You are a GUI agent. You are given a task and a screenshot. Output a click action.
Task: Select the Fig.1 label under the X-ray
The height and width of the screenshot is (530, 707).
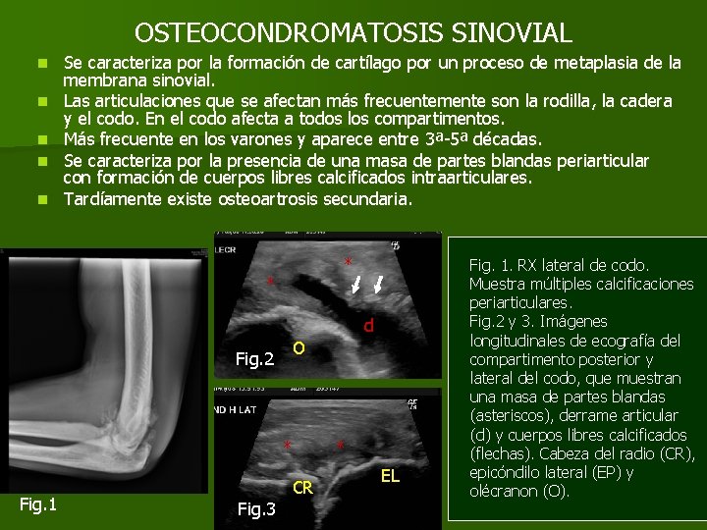pyautogui.click(x=38, y=503)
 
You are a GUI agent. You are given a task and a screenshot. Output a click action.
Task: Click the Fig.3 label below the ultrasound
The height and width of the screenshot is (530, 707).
pyautogui.click(x=256, y=508)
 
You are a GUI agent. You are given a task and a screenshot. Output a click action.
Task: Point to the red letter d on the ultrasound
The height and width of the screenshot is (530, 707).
pyautogui.click(x=368, y=326)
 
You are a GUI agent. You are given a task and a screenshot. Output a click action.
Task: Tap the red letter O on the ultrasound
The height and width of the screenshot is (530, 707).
pyautogui.click(x=299, y=348)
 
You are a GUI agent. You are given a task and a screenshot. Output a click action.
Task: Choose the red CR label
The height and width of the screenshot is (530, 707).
pyautogui.click(x=303, y=487)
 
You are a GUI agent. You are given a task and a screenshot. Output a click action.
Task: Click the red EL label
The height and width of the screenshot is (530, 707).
pyautogui.click(x=390, y=476)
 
